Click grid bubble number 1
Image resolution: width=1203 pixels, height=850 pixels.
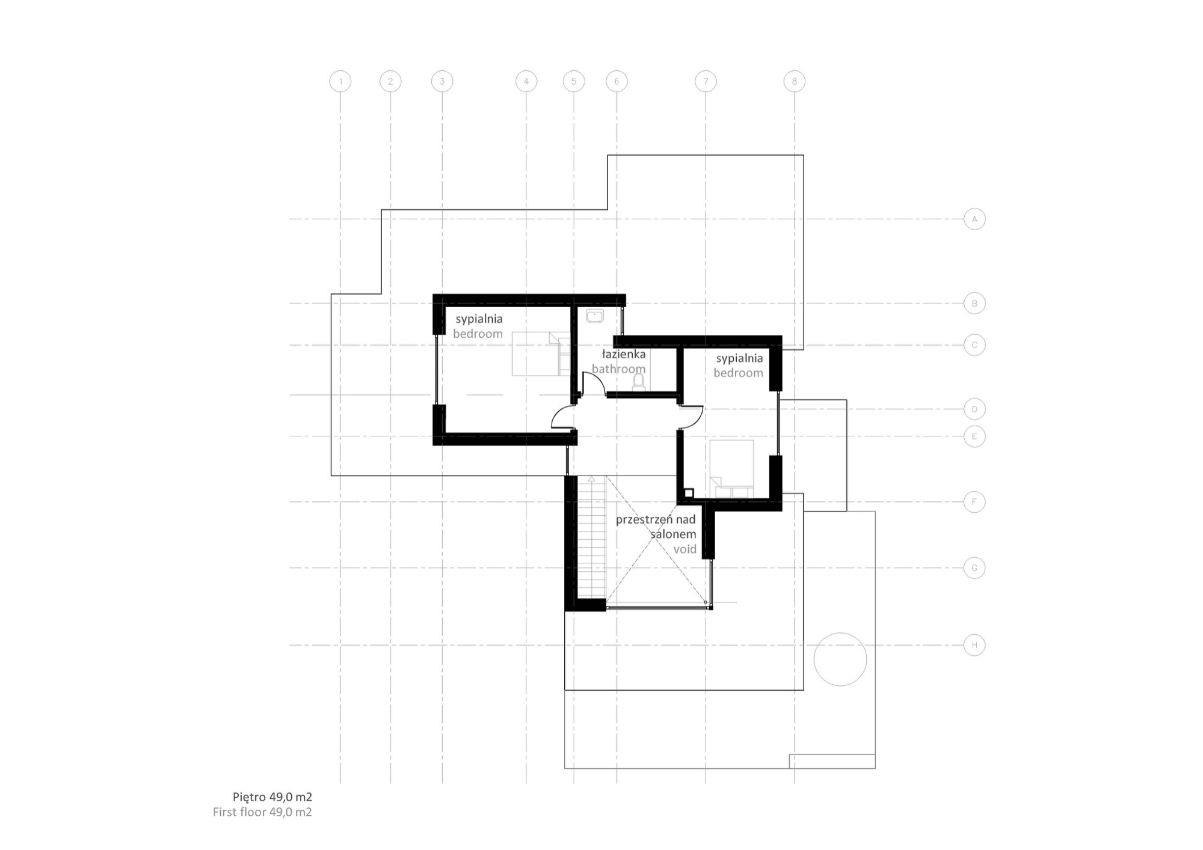tap(340, 81)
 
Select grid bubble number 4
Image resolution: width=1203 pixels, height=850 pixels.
tap(526, 81)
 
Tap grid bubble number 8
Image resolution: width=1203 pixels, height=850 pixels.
tap(794, 81)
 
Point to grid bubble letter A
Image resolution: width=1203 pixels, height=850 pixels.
tap(974, 219)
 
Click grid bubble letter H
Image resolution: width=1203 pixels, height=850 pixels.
tap(974, 646)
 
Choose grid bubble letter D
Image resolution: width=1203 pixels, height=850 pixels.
tap(974, 409)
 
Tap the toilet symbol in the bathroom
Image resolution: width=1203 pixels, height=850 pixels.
tap(639, 382)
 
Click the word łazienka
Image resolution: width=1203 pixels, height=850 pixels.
tap(623, 355)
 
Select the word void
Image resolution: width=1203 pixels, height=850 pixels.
tap(685, 549)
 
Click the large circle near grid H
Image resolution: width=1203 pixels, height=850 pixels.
tap(840, 659)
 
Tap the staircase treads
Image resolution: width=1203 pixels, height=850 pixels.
tap(591, 541)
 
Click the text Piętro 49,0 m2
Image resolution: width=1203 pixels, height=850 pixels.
tap(272, 797)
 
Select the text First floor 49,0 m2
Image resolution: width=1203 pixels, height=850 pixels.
tap(262, 812)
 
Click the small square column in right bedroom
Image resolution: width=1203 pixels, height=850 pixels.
tap(689, 493)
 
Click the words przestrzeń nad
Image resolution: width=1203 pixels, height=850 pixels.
tap(655, 519)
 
